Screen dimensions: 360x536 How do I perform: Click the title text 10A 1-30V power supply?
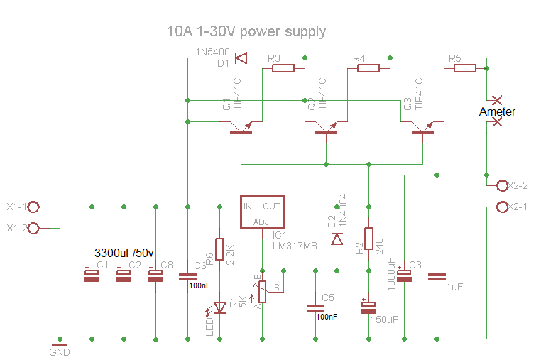pos(246,31)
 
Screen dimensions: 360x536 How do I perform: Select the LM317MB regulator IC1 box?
pos(262,212)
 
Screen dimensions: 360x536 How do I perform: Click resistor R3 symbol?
pos(283,68)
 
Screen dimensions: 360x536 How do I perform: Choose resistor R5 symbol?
pos(464,68)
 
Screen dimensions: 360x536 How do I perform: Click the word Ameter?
pos(498,111)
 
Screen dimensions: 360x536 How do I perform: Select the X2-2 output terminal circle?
pos(501,186)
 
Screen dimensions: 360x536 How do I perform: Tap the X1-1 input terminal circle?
pos(33,207)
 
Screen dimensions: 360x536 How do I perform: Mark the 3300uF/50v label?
pos(124,252)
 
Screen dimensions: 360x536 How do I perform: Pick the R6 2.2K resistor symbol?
pos(219,249)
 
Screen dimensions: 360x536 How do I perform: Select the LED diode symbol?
pos(219,307)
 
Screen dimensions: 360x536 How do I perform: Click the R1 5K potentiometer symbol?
pos(262,291)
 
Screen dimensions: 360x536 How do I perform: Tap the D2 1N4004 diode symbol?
pos(337,239)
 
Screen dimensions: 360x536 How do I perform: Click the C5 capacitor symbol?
pos(315,308)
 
